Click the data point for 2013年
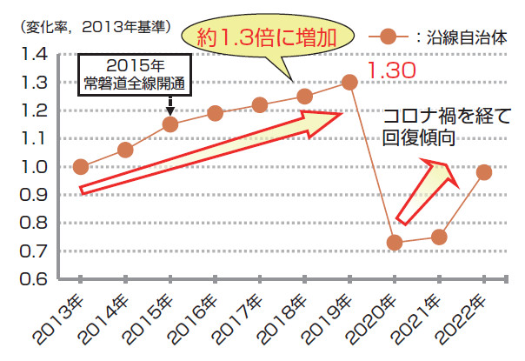(x=81, y=167)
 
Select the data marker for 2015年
(x=170, y=124)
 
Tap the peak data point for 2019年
(x=349, y=82)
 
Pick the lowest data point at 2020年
(x=395, y=243)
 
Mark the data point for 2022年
(x=484, y=172)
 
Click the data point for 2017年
(x=260, y=105)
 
